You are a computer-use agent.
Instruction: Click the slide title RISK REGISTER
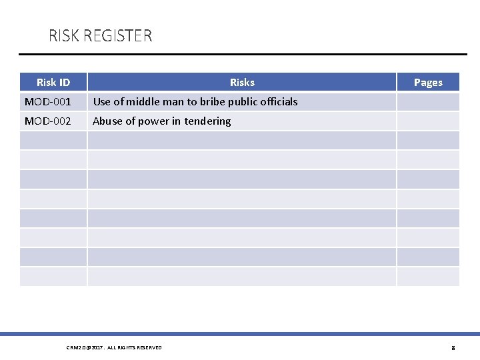click(100, 35)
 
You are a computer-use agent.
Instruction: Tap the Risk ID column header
click(53, 83)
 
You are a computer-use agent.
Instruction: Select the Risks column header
click(242, 83)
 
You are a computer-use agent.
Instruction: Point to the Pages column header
click(428, 83)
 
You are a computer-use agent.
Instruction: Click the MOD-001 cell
click(47, 102)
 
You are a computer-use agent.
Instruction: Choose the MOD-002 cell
click(47, 121)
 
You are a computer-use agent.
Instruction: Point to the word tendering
click(207, 121)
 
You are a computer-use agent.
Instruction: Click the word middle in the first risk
click(151, 102)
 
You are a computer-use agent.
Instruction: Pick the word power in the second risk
click(154, 121)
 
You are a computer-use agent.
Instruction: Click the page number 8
click(453, 347)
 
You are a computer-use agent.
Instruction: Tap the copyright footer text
click(114, 347)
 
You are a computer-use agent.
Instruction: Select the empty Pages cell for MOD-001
click(428, 102)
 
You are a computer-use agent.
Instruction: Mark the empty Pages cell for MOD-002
click(428, 121)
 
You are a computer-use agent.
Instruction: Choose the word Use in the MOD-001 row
click(102, 102)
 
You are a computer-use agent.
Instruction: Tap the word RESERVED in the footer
click(149, 347)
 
